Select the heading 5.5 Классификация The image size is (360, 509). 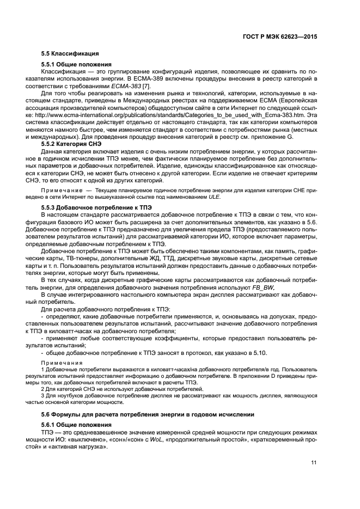pyautogui.click(x=70, y=53)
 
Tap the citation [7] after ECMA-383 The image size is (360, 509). pyautogui.click(x=147, y=86)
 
